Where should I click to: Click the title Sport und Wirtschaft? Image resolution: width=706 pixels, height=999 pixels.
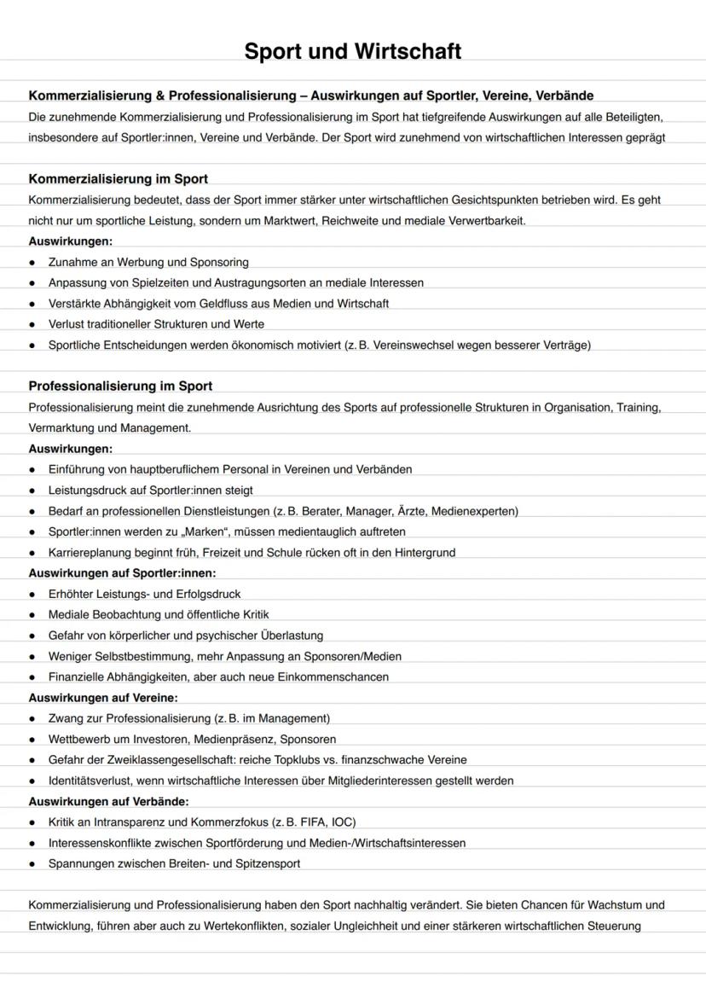(352, 51)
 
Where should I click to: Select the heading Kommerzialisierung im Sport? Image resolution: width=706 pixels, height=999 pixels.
(118, 179)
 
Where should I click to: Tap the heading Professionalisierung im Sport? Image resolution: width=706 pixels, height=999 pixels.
(120, 386)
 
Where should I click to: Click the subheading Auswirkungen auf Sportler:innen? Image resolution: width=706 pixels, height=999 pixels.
(122, 573)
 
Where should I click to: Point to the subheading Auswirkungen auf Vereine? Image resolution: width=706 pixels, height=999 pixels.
(103, 698)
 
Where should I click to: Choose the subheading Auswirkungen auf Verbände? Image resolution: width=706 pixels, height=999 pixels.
(108, 802)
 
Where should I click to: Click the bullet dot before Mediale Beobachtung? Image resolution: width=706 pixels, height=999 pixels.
(32, 615)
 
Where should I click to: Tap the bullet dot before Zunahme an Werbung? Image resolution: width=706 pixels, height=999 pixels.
(32, 263)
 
